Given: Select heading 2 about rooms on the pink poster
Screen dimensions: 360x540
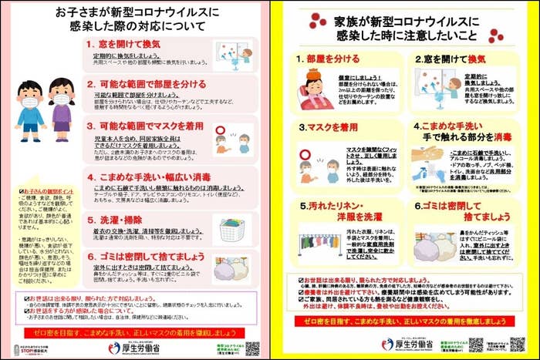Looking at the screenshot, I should (151, 83).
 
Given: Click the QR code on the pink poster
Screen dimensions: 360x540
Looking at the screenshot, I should (252, 348).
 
